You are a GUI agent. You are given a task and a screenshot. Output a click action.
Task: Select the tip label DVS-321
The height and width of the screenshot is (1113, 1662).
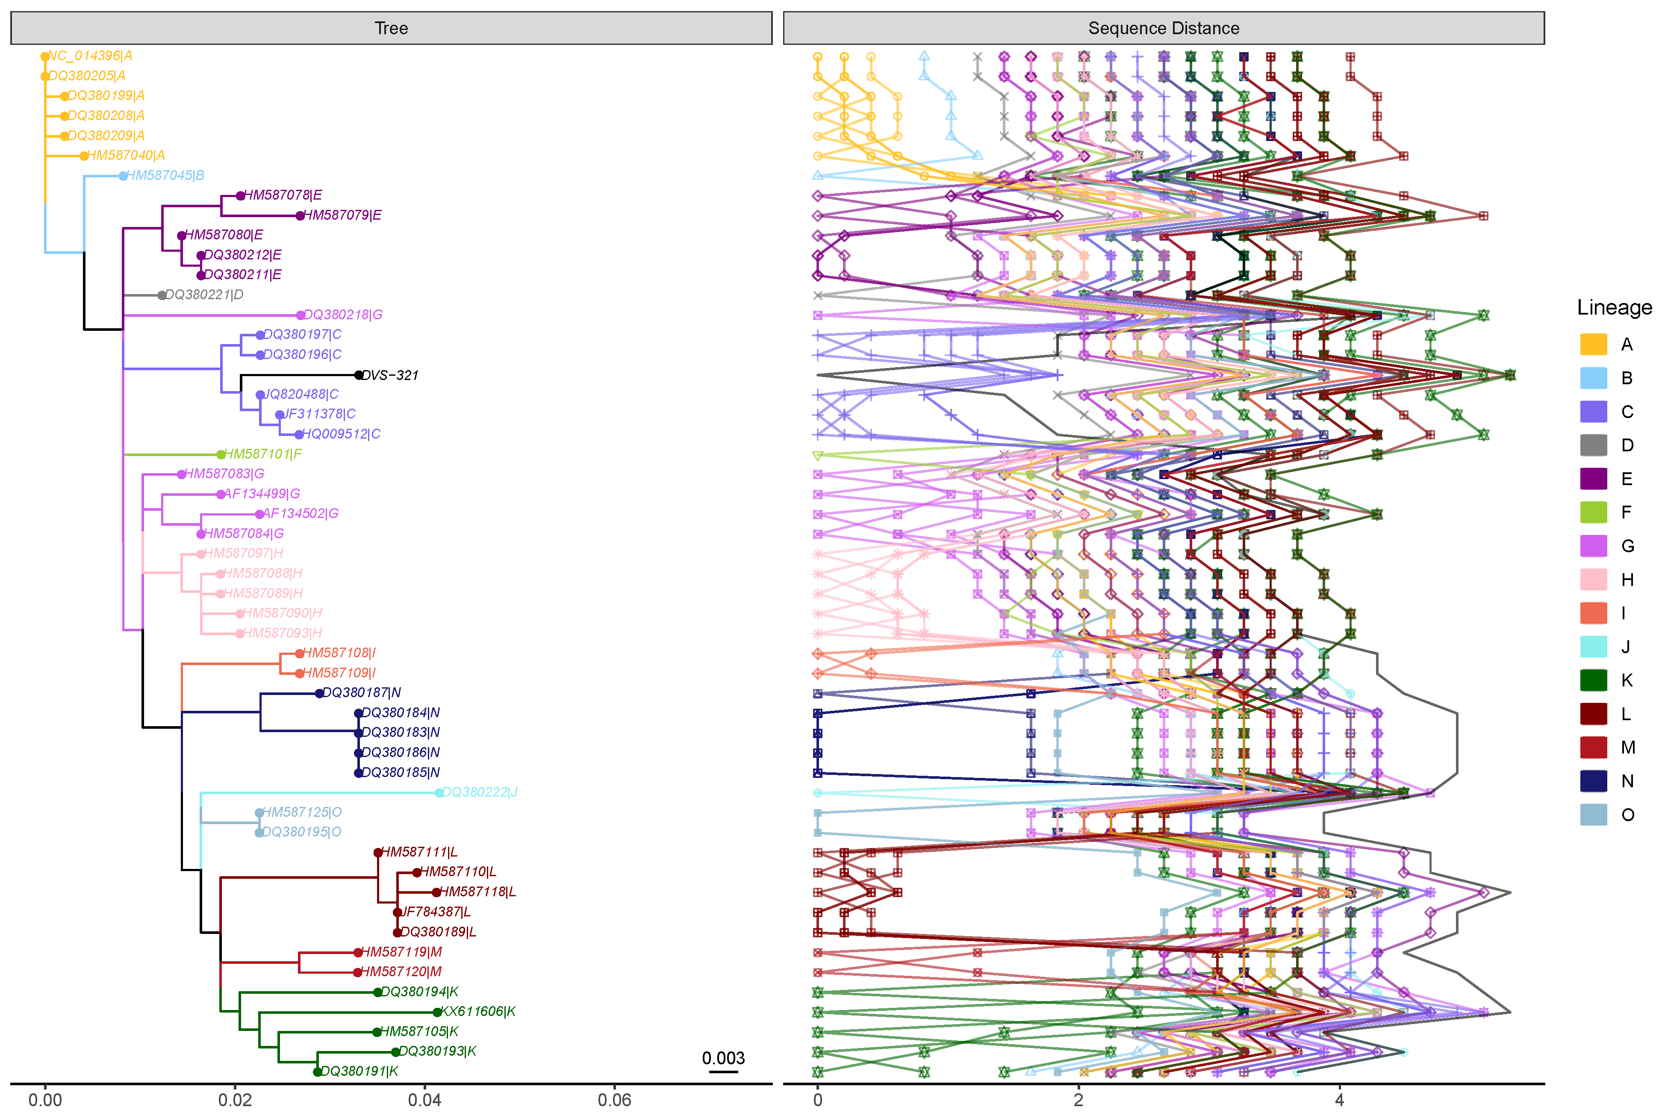390,375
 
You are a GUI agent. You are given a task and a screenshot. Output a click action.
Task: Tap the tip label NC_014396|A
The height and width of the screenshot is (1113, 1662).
90,56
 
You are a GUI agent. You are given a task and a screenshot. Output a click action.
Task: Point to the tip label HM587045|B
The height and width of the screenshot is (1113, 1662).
165,175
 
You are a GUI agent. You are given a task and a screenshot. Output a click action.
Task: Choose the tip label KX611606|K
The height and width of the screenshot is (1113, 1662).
478,1012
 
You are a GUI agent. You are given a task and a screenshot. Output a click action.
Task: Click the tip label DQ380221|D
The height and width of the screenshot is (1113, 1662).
204,294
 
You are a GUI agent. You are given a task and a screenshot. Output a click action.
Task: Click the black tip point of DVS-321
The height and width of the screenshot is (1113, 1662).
359,375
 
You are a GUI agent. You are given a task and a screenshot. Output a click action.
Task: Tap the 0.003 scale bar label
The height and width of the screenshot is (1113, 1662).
723,1058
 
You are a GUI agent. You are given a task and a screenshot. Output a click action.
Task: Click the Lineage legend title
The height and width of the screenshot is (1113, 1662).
1614,307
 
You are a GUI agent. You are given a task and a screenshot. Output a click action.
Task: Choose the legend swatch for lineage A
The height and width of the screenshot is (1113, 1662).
1593,344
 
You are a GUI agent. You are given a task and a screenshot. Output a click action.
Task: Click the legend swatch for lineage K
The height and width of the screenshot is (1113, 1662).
1593,680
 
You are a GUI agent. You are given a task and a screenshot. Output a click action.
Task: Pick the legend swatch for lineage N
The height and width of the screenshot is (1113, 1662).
1593,781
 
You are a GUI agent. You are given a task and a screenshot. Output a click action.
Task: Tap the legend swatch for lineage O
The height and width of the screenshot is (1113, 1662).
1593,814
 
